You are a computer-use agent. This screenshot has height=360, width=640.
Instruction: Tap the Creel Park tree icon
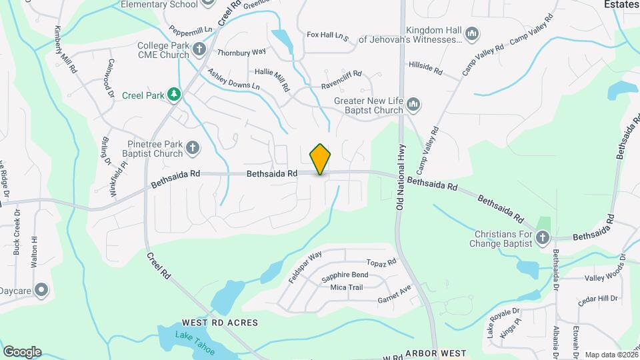click(174, 95)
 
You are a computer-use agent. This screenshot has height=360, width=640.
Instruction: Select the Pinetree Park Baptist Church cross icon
click(193, 148)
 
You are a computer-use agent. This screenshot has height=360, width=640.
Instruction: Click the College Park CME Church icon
click(199, 49)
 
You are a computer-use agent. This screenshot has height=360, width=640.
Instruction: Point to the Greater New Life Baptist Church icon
click(413, 105)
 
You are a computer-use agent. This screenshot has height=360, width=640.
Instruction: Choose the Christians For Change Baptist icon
click(543, 238)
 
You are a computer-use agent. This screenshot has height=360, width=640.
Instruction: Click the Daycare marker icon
click(41, 290)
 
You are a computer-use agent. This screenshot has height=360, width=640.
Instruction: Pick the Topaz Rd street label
click(381, 263)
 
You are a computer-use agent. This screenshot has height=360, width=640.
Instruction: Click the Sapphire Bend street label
click(344, 275)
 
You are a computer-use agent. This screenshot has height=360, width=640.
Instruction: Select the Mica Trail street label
click(347, 287)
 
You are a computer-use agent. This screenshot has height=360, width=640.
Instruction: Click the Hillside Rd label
click(425, 69)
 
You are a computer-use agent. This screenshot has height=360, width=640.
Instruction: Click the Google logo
click(22, 351)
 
